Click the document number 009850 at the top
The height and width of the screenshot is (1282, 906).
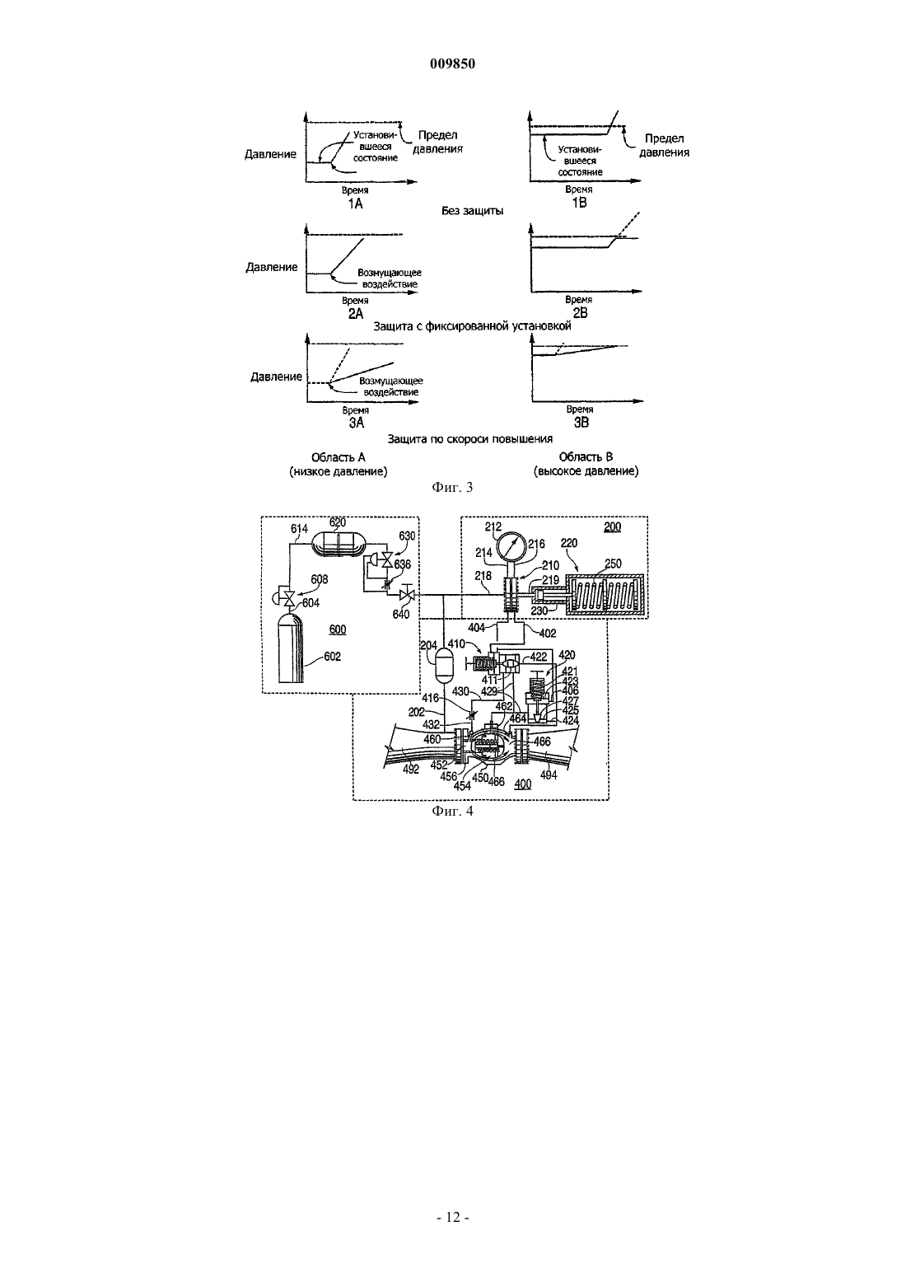[452, 64]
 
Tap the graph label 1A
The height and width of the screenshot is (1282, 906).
[356, 204]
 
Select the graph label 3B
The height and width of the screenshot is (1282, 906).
[581, 423]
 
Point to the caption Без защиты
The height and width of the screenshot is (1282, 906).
[473, 211]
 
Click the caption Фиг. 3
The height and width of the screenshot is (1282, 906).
[452, 487]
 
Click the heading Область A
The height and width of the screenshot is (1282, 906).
[338, 456]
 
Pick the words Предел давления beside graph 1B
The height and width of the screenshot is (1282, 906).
[664, 145]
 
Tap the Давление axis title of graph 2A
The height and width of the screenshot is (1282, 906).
[272, 267]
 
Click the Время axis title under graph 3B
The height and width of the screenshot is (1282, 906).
[580, 409]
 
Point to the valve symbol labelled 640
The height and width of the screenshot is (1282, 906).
[407, 595]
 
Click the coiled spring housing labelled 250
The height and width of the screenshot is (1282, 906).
[607, 596]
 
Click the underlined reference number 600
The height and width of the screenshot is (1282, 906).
[338, 629]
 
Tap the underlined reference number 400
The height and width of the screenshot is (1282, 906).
[523, 784]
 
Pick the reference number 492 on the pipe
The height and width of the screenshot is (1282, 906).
[411, 770]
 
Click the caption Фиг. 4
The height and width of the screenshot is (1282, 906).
[452, 811]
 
